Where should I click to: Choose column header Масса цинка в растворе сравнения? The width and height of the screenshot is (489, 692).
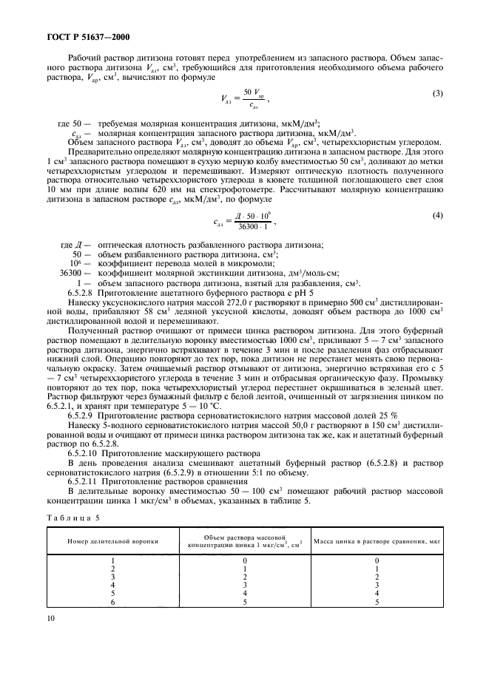pos(377,541)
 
